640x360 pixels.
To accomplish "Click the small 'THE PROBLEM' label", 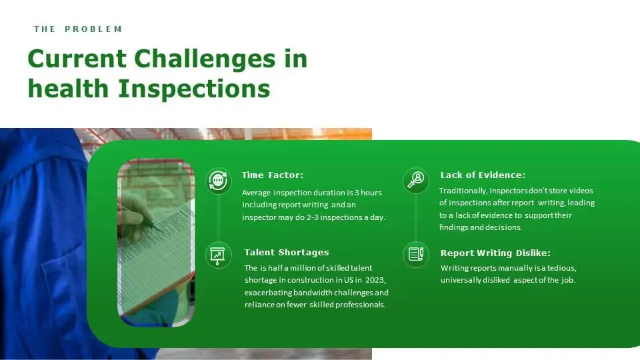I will click(78, 29).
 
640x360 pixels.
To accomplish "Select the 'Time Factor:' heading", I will click(272, 175).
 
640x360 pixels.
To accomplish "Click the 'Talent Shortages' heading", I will click(286, 253).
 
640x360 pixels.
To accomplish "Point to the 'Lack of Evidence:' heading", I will click(482, 175).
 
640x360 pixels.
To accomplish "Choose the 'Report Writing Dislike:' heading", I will click(495, 253).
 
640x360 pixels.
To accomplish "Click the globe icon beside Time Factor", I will click(218, 179).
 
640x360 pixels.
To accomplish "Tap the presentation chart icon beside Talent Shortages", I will click(218, 255).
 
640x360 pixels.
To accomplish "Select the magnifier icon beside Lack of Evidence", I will click(416, 179).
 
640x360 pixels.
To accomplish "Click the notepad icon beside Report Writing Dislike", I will click(416, 254).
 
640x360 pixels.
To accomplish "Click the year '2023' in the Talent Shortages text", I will click(375, 280).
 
